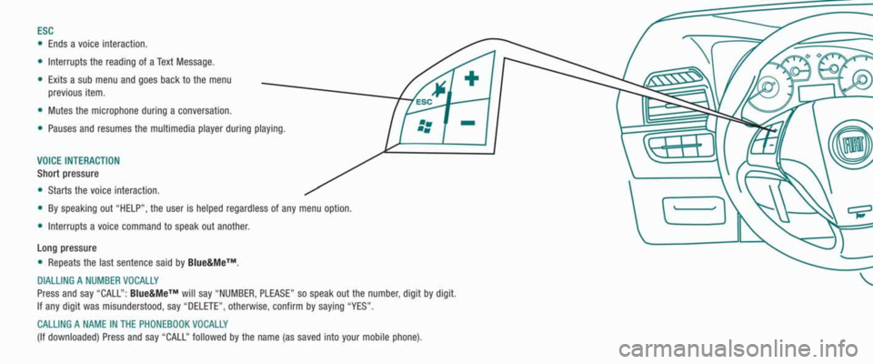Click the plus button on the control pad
pos(471,78)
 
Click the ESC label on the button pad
pos(424,102)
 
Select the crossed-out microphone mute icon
pos(440,88)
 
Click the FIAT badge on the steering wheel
pos(849,147)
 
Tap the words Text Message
pos(186,61)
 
